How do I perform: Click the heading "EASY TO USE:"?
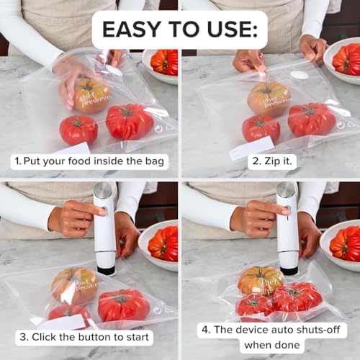pyautogui.click(x=180, y=30)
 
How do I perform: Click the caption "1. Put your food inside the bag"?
pyautogui.click(x=90, y=161)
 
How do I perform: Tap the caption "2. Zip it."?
pyautogui.click(x=271, y=161)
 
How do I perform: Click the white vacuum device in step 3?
pyautogui.click(x=105, y=227)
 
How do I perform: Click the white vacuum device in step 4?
pyautogui.click(x=288, y=227)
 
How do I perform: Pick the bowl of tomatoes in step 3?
pyautogui.click(x=161, y=243)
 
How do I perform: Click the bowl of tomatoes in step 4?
pyautogui.click(x=343, y=243)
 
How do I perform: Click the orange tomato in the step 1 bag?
pyautogui.click(x=91, y=95)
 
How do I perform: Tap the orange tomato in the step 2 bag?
pyautogui.click(x=269, y=98)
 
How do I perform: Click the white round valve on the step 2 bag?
pyautogui.click(x=300, y=75)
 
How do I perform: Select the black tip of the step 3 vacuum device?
pyautogui.click(x=106, y=270)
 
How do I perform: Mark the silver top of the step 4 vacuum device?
pyautogui.click(x=287, y=190)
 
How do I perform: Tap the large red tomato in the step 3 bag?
pyautogui.click(x=124, y=305)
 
